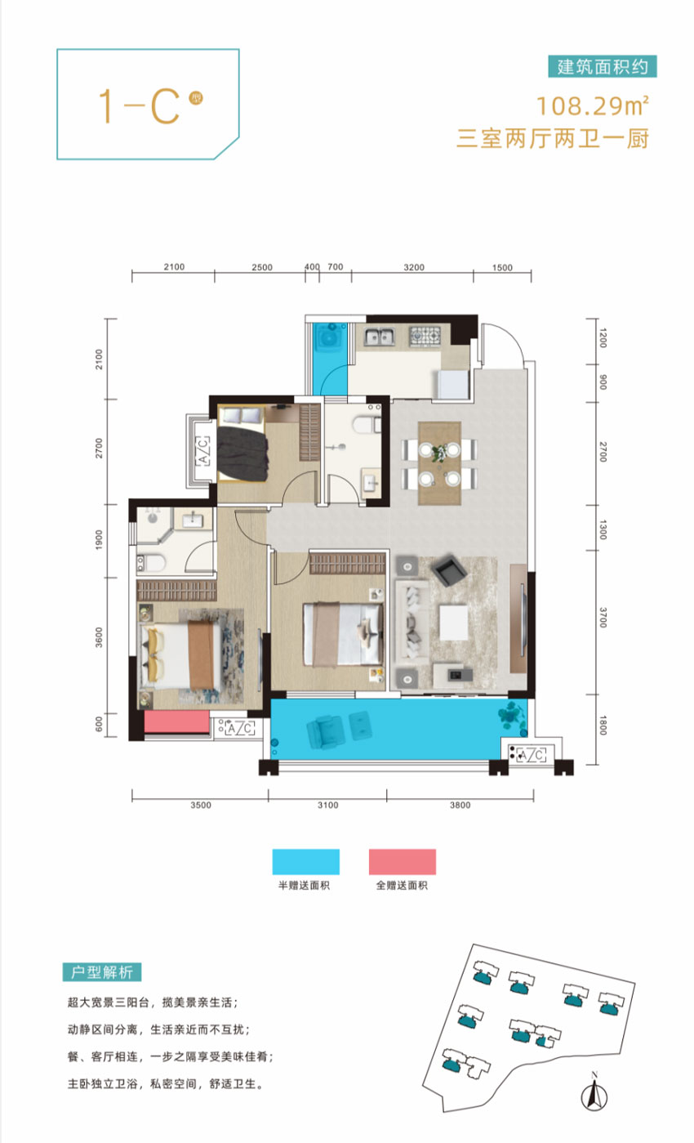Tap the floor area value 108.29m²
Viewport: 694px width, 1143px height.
click(x=593, y=106)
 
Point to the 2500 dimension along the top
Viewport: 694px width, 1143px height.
click(x=262, y=267)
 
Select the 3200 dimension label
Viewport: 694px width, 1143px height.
click(x=414, y=267)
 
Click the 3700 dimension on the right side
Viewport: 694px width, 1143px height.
click(x=603, y=618)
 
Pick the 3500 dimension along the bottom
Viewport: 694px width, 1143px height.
click(x=200, y=806)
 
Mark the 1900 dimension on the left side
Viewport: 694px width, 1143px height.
click(x=99, y=540)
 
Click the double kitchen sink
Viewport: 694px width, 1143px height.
click(x=378, y=337)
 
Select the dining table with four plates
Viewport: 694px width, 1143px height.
click(x=439, y=463)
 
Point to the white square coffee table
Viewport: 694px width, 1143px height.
click(x=453, y=622)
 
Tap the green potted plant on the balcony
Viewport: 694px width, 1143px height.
click(x=512, y=716)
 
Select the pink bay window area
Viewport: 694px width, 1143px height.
click(x=177, y=722)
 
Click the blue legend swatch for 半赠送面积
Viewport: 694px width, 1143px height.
click(x=306, y=862)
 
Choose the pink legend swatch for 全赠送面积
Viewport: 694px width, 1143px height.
click(x=403, y=862)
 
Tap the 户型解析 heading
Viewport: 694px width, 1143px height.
click(x=102, y=972)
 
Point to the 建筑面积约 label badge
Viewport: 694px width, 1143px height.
click(x=603, y=66)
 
